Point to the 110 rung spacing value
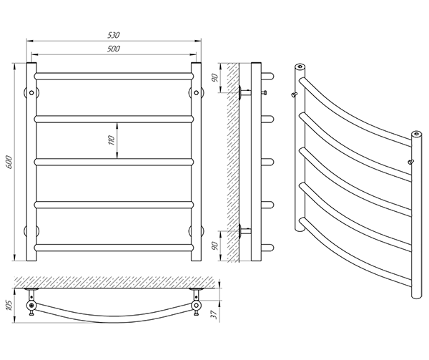click(112, 140)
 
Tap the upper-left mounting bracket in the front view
click(32, 92)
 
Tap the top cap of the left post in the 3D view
click(298, 68)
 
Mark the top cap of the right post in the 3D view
click(415, 133)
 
